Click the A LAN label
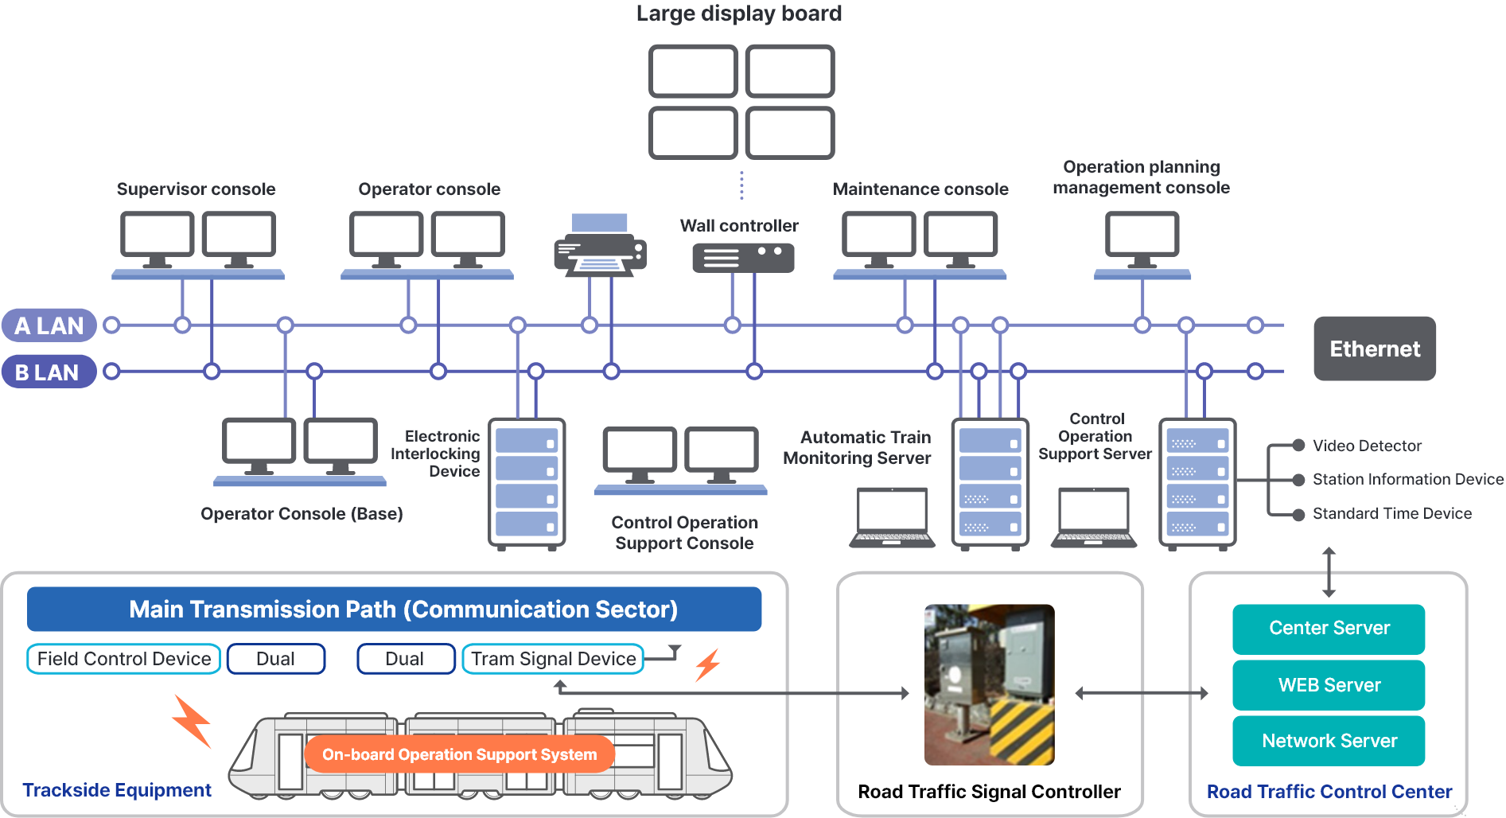point(49,325)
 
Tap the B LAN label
point(48,372)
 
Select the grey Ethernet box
point(1374,349)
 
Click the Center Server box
point(1329,629)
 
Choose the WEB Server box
point(1329,685)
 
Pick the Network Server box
point(1329,741)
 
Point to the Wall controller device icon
point(743,258)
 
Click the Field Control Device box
point(124,659)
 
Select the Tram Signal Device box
point(553,659)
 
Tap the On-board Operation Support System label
point(459,754)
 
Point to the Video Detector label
point(1367,446)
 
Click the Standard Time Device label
point(1391,514)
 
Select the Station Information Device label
point(1407,480)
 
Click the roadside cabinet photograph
point(989,684)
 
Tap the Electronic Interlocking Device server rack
point(527,484)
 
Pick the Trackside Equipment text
point(117,790)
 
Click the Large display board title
point(739,14)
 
